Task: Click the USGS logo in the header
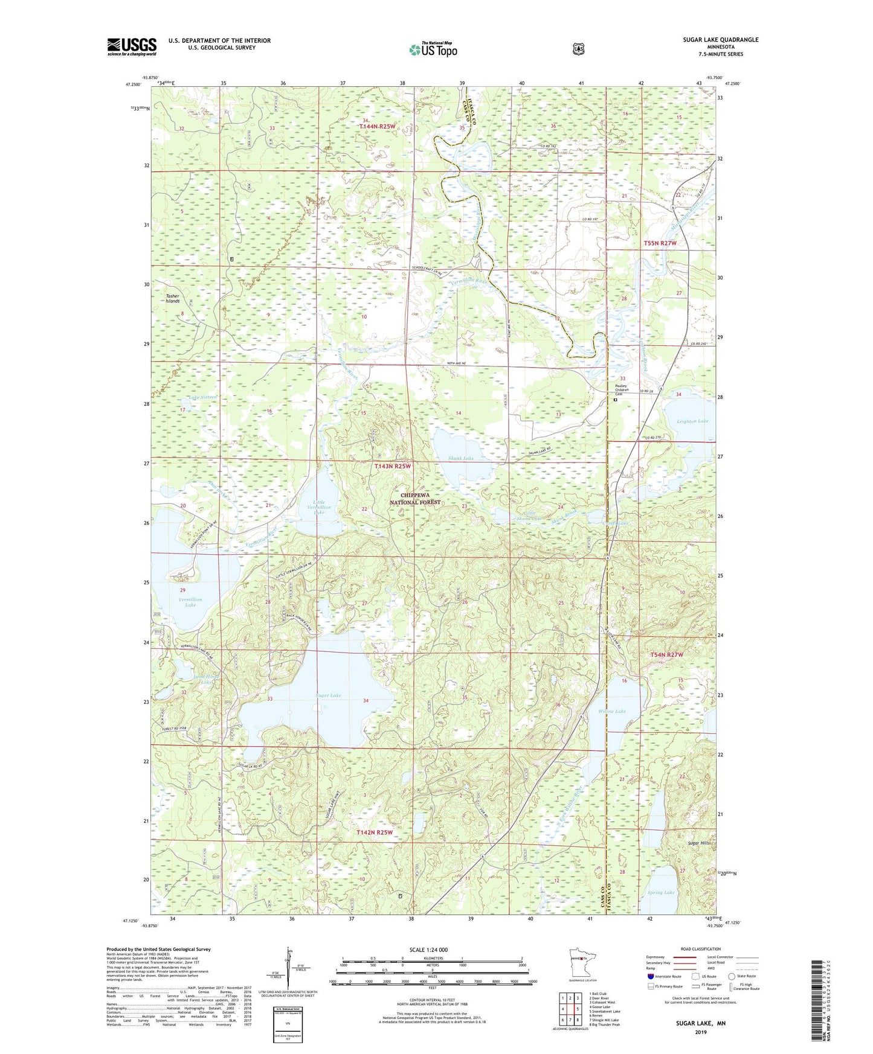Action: click(x=132, y=46)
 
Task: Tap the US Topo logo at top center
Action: click(x=433, y=50)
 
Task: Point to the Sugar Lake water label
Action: click(x=328, y=695)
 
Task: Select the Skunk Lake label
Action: click(x=461, y=458)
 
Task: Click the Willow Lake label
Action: click(x=612, y=711)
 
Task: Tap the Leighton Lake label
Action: click(x=692, y=421)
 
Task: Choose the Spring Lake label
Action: click(x=660, y=892)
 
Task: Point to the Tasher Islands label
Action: click(x=173, y=298)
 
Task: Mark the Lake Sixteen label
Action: click(x=202, y=397)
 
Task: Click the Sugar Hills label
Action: click(x=699, y=843)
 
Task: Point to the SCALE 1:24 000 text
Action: click(x=428, y=950)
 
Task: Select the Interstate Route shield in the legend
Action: click(x=650, y=976)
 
